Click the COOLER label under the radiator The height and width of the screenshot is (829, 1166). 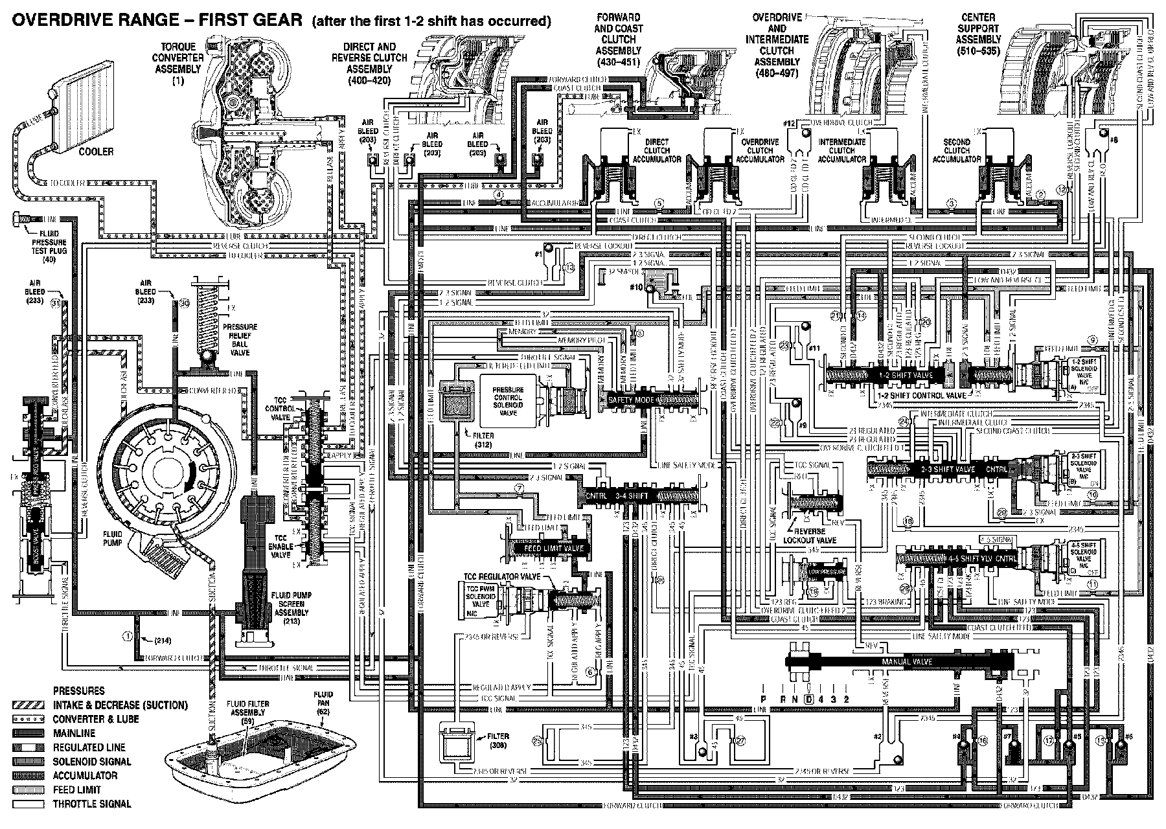pyautogui.click(x=96, y=152)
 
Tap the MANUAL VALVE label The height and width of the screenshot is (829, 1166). pyautogui.click(x=907, y=662)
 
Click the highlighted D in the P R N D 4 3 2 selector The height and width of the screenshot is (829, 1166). pyautogui.click(x=808, y=699)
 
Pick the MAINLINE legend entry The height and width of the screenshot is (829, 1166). pyautogui.click(x=74, y=733)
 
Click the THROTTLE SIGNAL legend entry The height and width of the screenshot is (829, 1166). pyautogui.click(x=92, y=804)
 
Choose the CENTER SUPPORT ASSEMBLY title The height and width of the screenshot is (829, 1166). pyautogui.click(x=979, y=34)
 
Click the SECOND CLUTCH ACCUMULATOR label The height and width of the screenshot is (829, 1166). pyautogui.click(x=956, y=150)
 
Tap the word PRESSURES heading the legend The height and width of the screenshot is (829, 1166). pyautogui.click(x=79, y=691)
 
